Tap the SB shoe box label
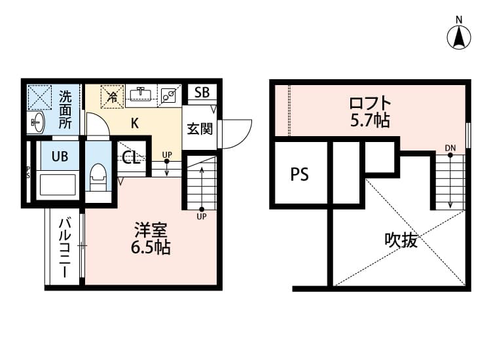coord(201,92)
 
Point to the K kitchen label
coord(134,122)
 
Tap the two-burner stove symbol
coord(168,96)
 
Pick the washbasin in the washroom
coord(38,121)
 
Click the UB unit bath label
coord(52,156)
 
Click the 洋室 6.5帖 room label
coord(152,239)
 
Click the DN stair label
coord(450,148)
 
